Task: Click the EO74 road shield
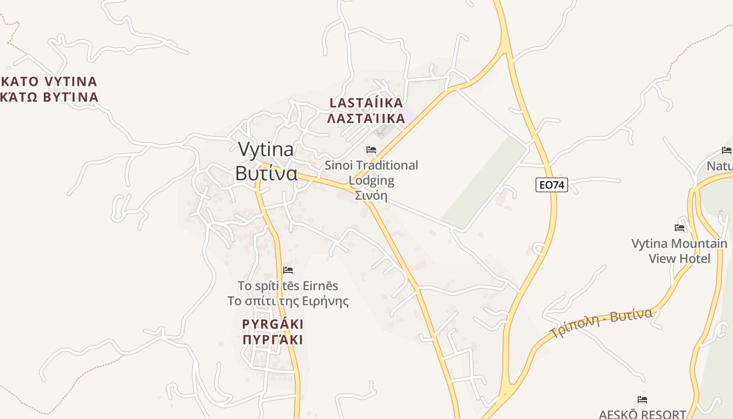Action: [551, 185]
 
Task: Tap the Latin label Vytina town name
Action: [266, 150]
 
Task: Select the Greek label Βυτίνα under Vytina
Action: [266, 173]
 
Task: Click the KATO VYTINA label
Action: [49, 81]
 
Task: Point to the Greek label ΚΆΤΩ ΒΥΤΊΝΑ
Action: [49, 97]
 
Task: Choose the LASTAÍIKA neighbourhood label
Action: [366, 103]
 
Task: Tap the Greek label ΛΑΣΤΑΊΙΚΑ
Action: [366, 118]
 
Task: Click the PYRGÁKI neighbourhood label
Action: [273, 324]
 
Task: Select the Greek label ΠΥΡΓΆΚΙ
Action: [273, 340]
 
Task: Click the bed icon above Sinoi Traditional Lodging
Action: [371, 150]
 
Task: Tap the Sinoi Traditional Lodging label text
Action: [371, 173]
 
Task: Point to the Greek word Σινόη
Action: [371, 196]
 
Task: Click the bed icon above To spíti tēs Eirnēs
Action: [287, 270]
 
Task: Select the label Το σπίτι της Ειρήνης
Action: [288, 301]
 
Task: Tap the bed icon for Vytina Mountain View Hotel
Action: [680, 228]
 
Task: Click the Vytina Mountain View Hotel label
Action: [680, 251]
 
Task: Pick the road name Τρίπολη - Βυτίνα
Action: [602, 323]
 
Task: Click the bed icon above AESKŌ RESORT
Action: [642, 400]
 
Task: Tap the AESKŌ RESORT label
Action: [642, 414]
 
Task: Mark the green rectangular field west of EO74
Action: [484, 183]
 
